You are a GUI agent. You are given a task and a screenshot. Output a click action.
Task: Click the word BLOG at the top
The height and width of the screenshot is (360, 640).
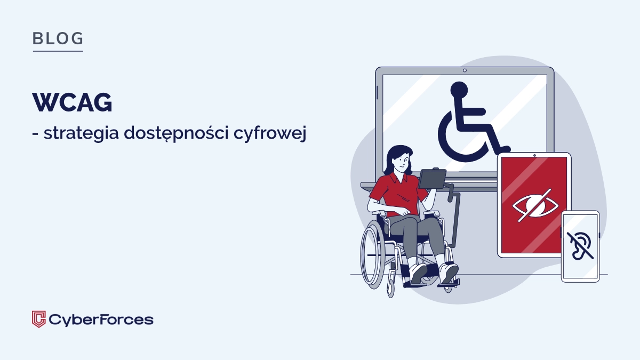(x=58, y=38)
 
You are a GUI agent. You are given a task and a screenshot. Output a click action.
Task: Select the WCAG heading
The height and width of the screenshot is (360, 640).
(x=72, y=102)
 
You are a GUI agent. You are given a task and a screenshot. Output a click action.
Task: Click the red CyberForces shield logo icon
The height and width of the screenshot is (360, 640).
(x=39, y=319)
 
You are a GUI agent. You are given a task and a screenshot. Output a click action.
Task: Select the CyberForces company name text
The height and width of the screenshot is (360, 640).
(x=101, y=319)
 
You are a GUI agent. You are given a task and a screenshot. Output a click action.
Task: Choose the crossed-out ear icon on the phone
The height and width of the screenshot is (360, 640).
(x=579, y=245)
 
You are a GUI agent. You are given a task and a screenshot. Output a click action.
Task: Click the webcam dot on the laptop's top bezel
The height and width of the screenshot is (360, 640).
(x=465, y=70)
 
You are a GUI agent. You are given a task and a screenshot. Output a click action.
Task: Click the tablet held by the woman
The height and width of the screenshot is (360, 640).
(x=432, y=178)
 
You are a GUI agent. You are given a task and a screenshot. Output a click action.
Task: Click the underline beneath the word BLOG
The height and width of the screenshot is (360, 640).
(x=58, y=51)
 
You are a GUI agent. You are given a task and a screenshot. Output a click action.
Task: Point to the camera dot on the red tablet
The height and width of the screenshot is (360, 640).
(x=534, y=156)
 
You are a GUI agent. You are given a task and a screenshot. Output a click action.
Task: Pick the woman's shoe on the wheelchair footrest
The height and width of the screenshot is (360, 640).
(x=449, y=273)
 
